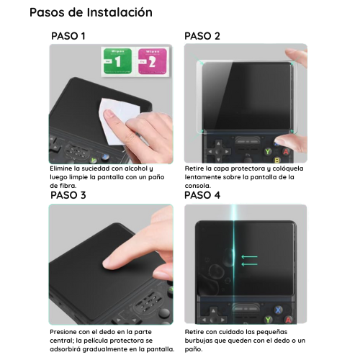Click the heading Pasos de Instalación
tap(91, 12)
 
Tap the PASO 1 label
tap(68, 36)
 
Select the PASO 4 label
tap(202, 195)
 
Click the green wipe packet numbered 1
tap(117, 61)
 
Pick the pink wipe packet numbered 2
tap(153, 61)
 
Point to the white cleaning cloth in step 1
tap(119, 120)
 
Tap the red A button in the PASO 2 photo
tap(286, 152)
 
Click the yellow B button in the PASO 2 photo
tap(277, 160)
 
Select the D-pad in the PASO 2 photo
tap(218, 152)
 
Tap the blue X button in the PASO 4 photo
tap(278, 310)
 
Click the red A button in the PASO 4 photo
tap(288, 320)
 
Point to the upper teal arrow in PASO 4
tap(249, 257)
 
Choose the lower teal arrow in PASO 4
tap(249, 264)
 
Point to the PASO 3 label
tap(68, 195)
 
